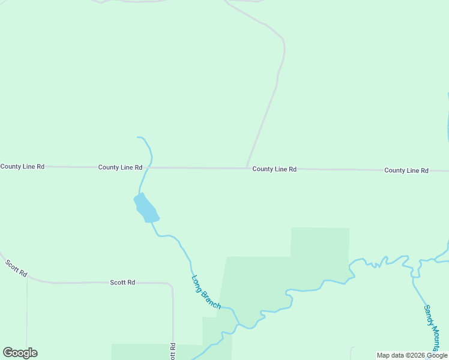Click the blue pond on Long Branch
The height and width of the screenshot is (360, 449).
[x=146, y=208]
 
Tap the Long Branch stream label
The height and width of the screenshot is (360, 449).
[x=206, y=292]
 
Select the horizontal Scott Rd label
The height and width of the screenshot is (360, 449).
[x=122, y=282]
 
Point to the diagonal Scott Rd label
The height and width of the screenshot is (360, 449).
[x=16, y=268]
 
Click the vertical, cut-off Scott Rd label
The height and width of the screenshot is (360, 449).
[x=172, y=351]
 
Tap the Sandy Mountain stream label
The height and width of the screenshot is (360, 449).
[x=433, y=326]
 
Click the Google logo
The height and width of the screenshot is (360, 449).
[x=20, y=353]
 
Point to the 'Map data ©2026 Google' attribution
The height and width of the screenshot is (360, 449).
[x=412, y=355]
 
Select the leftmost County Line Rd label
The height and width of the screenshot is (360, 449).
[x=22, y=166]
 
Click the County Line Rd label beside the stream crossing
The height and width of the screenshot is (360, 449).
[x=120, y=167]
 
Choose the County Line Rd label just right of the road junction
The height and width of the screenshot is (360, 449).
[x=274, y=169]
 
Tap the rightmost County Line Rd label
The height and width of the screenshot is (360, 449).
[x=406, y=170]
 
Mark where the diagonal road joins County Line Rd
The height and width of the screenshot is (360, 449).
[x=247, y=168]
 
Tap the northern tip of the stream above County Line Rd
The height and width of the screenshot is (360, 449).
[x=138, y=137]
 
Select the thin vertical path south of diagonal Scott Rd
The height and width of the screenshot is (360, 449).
[x=27, y=318]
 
